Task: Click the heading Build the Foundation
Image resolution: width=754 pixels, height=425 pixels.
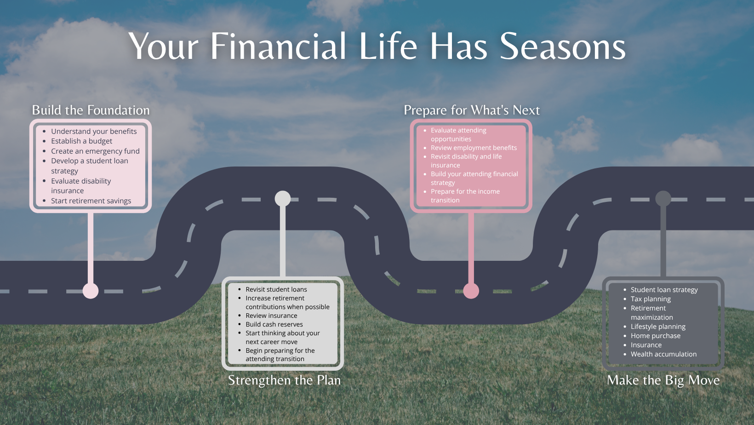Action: click(x=91, y=110)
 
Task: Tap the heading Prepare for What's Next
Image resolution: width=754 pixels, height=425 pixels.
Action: click(x=472, y=110)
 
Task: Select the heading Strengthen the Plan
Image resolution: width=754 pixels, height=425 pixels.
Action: click(x=285, y=380)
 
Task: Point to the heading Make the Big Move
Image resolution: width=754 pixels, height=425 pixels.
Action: click(x=663, y=380)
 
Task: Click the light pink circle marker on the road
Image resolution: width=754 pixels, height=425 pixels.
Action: click(x=91, y=291)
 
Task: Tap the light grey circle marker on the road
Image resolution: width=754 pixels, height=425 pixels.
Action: click(x=283, y=198)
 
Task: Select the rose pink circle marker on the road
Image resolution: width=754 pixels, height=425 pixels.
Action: click(x=471, y=291)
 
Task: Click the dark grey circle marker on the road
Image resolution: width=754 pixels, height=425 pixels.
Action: click(x=663, y=198)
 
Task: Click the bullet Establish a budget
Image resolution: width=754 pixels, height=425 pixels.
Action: click(x=81, y=141)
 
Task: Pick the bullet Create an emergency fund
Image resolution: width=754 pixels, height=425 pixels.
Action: click(x=95, y=151)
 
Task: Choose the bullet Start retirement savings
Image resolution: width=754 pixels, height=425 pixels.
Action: click(x=91, y=201)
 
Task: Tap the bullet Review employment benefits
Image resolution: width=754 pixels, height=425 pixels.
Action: click(x=474, y=148)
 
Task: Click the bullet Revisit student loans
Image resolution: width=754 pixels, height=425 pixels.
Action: click(x=276, y=289)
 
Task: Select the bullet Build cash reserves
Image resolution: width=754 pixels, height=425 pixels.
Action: click(x=274, y=324)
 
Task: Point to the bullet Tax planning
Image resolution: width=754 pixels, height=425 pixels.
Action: click(x=651, y=299)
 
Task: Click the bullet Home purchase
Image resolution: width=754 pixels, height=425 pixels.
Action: click(x=655, y=336)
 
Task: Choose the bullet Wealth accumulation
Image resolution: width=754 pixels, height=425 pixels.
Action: click(x=663, y=354)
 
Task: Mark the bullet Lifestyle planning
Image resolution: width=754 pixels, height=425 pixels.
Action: click(x=658, y=327)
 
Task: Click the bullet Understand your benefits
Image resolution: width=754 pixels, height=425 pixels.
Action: click(x=94, y=132)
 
